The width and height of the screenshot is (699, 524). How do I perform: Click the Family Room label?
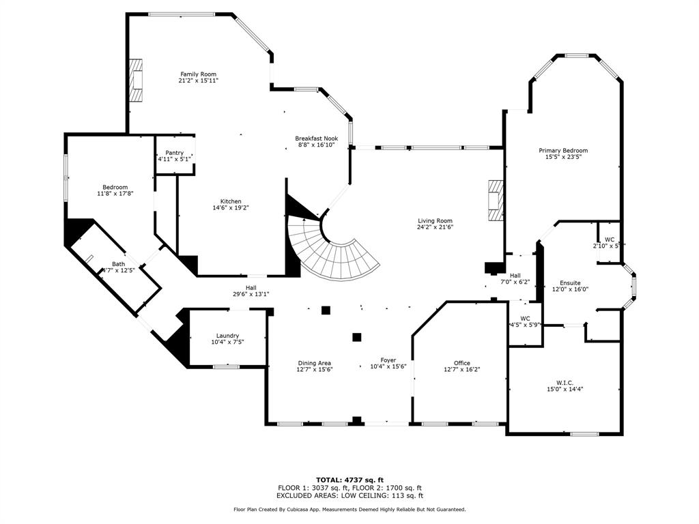click(198, 74)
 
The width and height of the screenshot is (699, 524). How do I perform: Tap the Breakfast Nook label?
click(316, 139)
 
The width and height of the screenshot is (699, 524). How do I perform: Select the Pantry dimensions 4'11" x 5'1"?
click(174, 160)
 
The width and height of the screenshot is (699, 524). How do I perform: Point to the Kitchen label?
click(231, 201)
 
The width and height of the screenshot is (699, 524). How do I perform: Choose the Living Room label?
click(436, 220)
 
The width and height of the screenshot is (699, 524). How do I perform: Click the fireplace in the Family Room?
click(137, 81)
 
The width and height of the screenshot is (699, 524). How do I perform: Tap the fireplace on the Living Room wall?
click(495, 201)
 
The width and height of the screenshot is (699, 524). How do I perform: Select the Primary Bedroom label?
click(562, 151)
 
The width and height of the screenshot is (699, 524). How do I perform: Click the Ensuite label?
click(570, 282)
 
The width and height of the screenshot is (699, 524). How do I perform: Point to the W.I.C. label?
click(564, 382)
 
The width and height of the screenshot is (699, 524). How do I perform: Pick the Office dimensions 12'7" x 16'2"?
click(461, 370)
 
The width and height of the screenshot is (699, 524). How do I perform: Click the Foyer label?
click(388, 360)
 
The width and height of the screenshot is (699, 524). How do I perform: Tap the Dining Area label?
click(314, 363)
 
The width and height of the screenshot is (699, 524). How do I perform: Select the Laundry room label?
click(227, 336)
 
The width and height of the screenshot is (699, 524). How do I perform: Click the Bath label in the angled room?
click(119, 264)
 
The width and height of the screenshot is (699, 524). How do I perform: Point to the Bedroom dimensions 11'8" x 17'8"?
click(115, 194)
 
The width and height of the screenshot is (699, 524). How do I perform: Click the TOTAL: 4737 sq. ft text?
click(349, 480)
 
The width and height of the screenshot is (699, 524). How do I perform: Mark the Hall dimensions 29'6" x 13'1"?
click(251, 295)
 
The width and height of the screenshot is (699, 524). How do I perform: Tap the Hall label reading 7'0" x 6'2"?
click(515, 282)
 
